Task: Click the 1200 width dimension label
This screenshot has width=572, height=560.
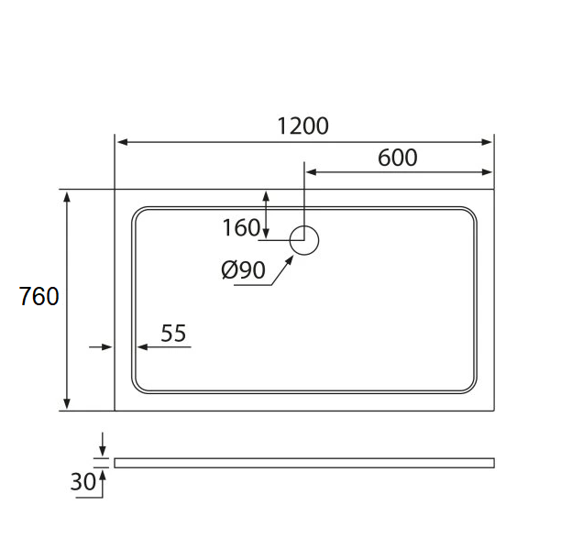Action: click(x=303, y=126)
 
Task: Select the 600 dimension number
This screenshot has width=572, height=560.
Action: click(x=398, y=158)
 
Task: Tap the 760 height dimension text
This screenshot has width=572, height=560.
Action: click(x=39, y=296)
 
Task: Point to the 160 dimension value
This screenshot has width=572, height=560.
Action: click(x=241, y=227)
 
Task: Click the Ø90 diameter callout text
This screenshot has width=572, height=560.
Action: click(x=243, y=270)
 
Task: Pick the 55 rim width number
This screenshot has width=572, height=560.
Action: click(x=173, y=333)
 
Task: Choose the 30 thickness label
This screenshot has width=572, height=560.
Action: click(x=82, y=481)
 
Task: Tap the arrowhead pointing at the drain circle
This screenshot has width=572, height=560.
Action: click(x=290, y=259)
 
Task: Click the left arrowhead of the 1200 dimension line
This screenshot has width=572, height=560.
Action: click(x=123, y=142)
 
